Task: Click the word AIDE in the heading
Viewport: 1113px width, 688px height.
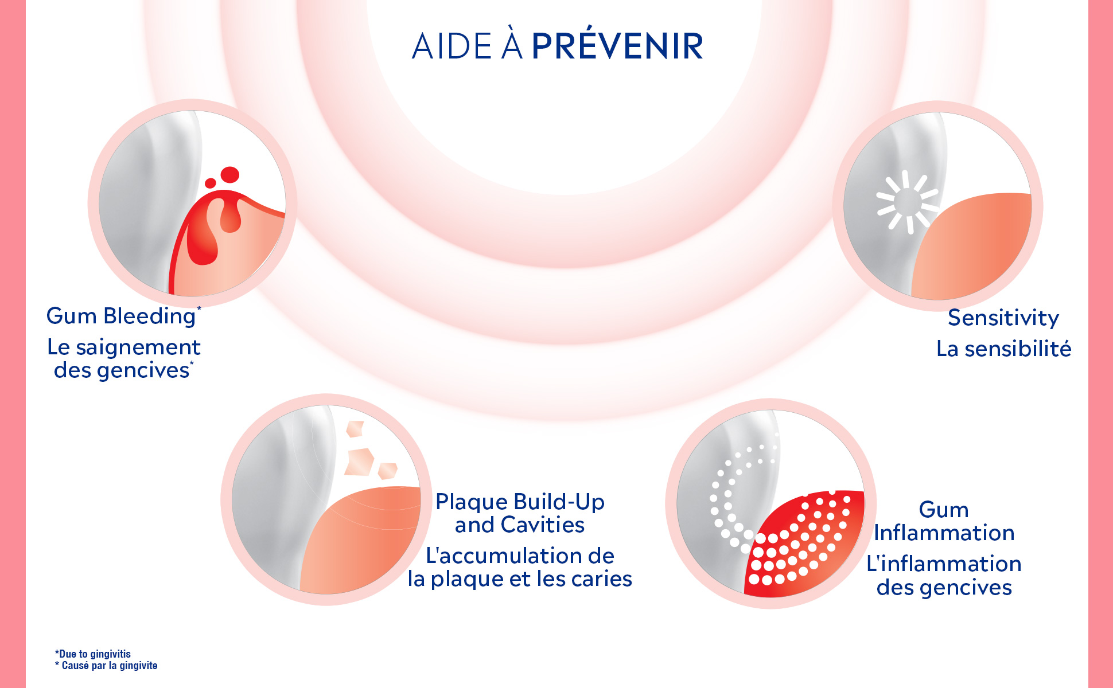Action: [x=452, y=46]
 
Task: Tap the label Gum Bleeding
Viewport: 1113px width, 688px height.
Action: [x=120, y=316]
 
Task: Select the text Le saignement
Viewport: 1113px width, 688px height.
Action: [x=124, y=347]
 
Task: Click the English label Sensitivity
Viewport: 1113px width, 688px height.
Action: [x=1003, y=318]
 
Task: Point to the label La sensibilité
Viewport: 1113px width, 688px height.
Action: [x=1004, y=349]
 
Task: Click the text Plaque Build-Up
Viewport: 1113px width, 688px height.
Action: [x=520, y=502]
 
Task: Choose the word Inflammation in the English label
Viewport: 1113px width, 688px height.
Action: [x=944, y=533]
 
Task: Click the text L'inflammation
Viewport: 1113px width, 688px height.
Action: [x=944, y=564]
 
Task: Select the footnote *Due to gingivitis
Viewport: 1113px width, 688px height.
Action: [x=93, y=654]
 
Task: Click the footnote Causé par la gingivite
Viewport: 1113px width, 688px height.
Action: [x=109, y=666]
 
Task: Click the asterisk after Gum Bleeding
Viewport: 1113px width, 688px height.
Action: [x=199, y=309]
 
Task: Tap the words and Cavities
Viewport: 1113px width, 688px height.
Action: [x=520, y=525]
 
